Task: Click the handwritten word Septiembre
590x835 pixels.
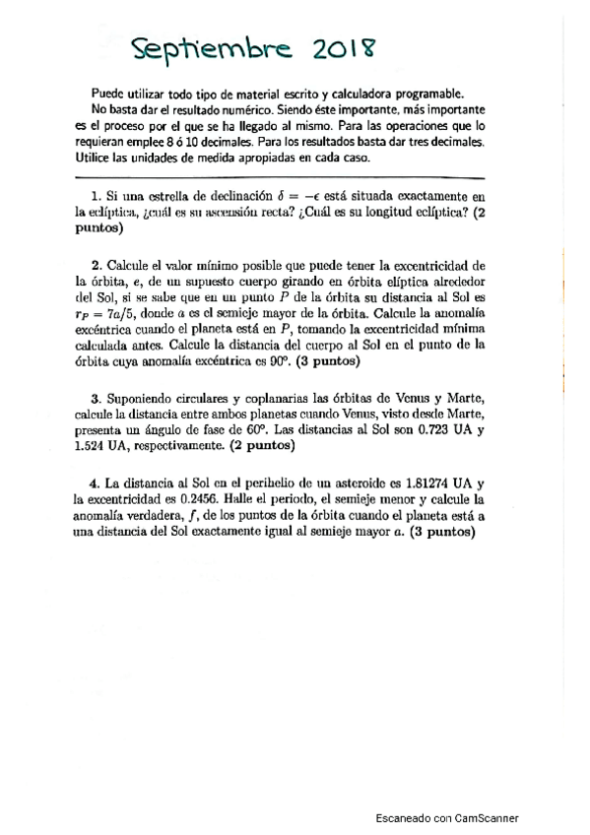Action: [206, 48]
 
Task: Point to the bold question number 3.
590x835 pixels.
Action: [95, 399]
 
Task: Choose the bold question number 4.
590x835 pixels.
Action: [95, 483]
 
